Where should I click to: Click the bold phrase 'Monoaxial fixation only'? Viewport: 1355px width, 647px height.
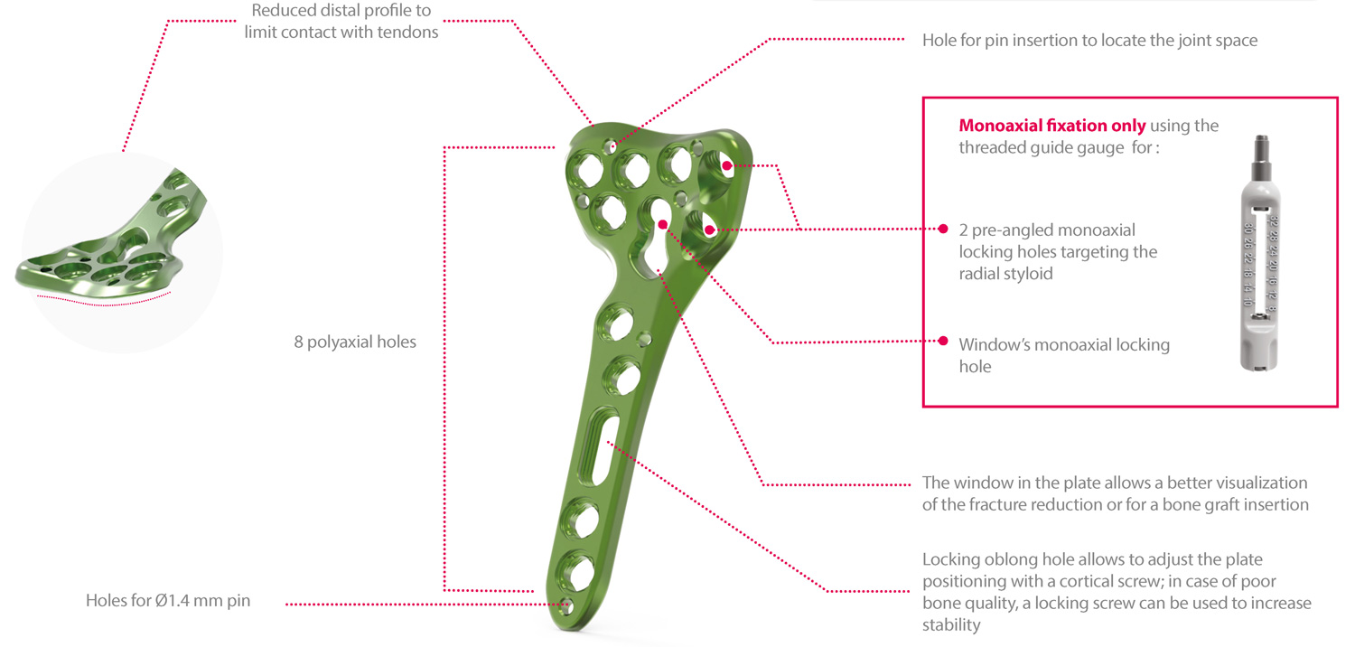click(1052, 126)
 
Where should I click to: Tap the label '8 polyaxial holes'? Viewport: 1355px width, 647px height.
click(355, 342)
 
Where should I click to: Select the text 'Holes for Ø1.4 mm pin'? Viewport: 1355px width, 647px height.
click(168, 600)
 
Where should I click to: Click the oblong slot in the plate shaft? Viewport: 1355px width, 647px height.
click(598, 446)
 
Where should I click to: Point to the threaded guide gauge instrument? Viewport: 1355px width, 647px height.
click(1259, 253)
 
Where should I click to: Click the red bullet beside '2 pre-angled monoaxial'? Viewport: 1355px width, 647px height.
click(943, 229)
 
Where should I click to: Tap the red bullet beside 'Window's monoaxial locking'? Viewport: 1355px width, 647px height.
click(943, 341)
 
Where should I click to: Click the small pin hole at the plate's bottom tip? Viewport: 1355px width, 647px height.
click(566, 605)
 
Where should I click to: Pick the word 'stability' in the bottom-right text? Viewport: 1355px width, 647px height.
click(951, 625)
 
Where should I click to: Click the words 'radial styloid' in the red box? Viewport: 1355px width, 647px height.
click(1006, 274)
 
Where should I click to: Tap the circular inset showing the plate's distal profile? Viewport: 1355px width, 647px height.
click(122, 252)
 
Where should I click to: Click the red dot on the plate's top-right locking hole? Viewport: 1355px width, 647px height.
click(726, 165)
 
